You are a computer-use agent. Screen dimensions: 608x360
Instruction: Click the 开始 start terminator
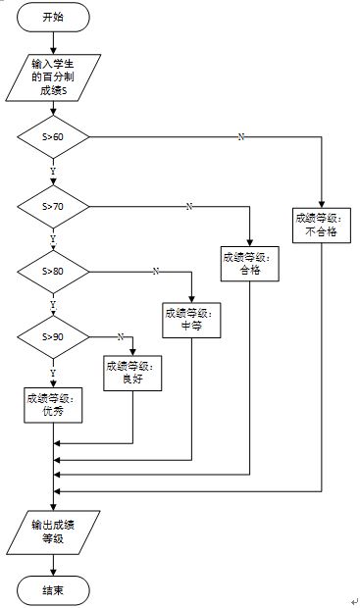(53, 18)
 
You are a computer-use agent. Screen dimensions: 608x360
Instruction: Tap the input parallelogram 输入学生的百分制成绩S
(53, 76)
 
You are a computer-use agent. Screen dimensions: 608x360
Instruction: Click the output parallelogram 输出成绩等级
(53, 531)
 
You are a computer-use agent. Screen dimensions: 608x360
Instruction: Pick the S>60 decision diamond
(53, 136)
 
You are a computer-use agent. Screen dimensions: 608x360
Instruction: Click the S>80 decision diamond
(53, 270)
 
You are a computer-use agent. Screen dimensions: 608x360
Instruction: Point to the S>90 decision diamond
(53, 336)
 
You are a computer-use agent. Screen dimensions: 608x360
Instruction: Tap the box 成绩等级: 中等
(191, 320)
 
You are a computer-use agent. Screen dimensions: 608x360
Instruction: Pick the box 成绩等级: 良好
(132, 373)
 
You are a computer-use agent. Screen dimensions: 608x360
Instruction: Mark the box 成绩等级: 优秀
(53, 405)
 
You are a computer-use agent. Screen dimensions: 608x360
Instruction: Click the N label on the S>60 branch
(241, 136)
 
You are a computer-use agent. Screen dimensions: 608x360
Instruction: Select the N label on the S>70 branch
(188, 206)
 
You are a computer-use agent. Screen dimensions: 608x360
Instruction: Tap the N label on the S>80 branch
(154, 270)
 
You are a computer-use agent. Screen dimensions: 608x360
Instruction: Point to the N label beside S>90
(120, 336)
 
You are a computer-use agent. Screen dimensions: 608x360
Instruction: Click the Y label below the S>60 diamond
(53, 171)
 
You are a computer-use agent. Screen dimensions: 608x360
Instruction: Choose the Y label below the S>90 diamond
(53, 372)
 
